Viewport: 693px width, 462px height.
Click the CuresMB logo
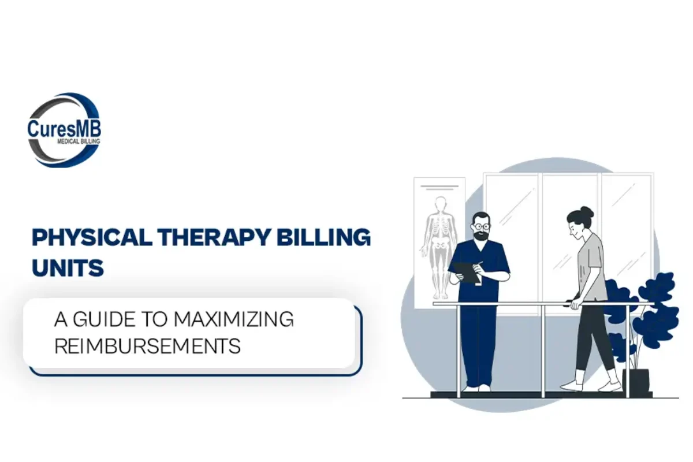(x=64, y=130)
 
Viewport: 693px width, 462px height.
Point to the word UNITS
(x=68, y=267)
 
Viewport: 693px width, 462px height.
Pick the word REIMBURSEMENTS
(x=147, y=346)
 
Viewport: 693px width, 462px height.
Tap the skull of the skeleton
(x=441, y=203)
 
